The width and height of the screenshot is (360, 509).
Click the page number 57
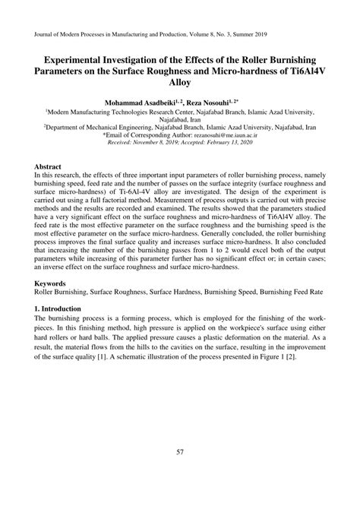(181, 454)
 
